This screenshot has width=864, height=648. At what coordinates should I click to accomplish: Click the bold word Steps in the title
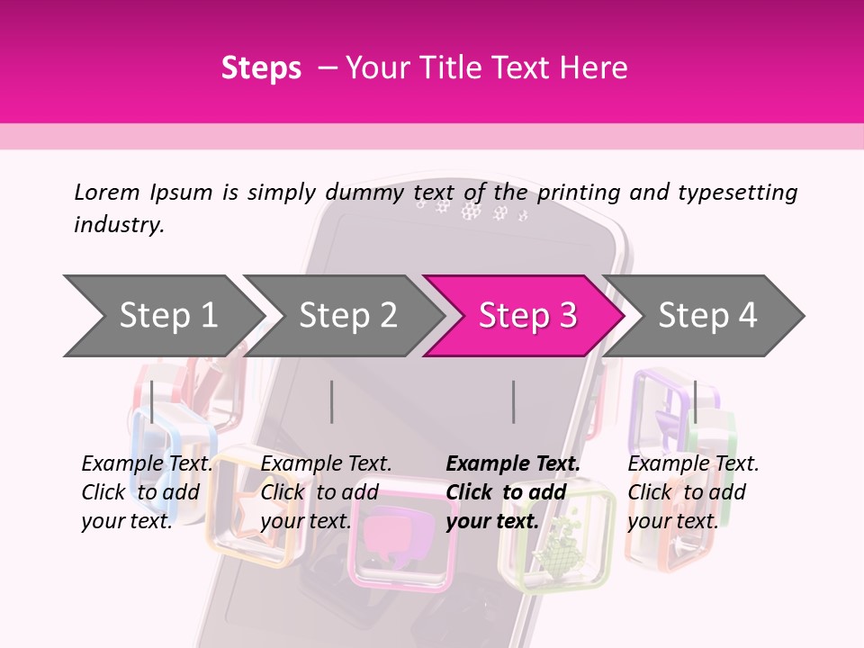point(261,68)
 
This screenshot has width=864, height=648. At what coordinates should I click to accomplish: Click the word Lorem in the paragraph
point(106,193)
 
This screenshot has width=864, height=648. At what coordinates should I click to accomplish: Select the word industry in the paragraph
point(118,225)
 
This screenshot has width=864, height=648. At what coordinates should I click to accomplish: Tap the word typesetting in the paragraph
point(737,193)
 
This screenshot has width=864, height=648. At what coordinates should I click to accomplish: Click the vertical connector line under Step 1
point(152,401)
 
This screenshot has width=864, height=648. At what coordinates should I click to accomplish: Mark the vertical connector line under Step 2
point(332,401)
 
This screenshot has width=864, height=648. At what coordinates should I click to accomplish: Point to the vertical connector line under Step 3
point(513,401)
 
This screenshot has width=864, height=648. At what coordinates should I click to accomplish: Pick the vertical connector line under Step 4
point(695,401)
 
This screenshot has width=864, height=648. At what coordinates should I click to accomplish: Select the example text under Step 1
point(147,492)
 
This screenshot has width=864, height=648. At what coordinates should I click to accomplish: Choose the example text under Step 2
point(326,492)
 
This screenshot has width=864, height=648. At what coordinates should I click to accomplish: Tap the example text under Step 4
point(693,492)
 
